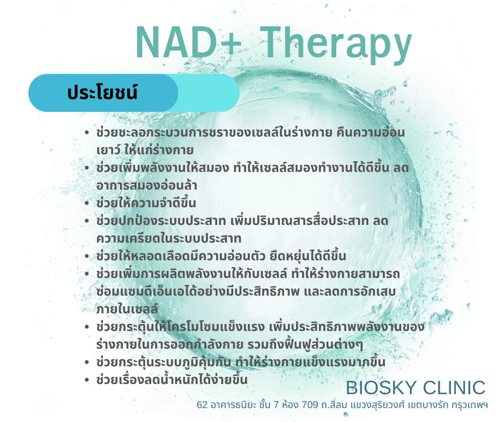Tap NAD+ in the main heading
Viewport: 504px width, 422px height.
click(189, 42)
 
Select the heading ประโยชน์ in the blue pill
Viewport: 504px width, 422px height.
click(102, 93)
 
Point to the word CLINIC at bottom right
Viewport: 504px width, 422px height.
click(454, 388)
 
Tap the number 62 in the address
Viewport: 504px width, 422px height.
click(202, 405)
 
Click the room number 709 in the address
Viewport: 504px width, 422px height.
click(310, 405)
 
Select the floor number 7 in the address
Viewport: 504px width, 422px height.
click(276, 405)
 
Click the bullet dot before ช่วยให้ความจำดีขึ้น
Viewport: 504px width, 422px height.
click(86, 204)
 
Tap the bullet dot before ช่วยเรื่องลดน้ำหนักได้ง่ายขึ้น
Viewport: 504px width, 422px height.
click(86, 380)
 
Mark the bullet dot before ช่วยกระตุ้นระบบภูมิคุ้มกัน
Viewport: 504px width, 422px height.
click(86, 363)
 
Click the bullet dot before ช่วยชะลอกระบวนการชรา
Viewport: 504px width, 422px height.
click(86, 133)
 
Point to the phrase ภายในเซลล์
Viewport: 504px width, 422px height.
click(127, 308)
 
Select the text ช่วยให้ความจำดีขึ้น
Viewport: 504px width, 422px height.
click(146, 202)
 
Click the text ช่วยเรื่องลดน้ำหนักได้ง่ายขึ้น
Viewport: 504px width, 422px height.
click(172, 379)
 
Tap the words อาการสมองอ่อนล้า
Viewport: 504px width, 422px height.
click(146, 185)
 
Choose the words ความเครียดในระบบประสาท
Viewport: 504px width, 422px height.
click(169, 238)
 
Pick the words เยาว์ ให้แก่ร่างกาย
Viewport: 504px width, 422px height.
click(145, 149)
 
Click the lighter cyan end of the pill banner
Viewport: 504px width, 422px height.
click(209, 93)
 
